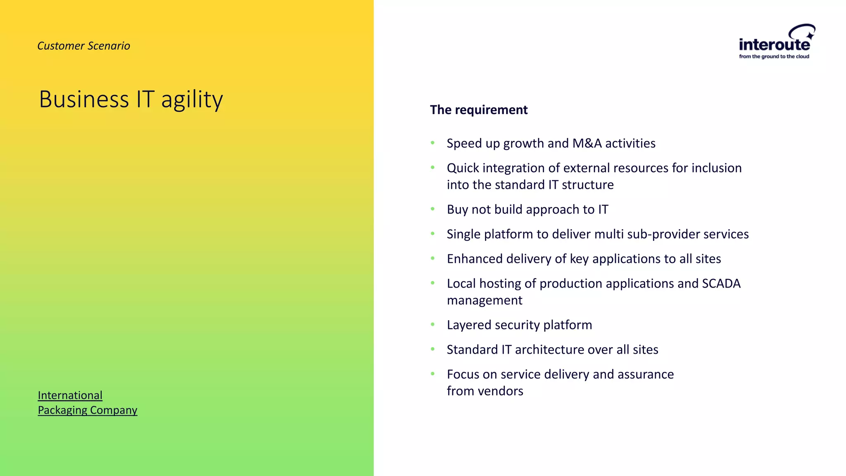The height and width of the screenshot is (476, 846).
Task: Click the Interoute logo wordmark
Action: pyautogui.click(x=774, y=44)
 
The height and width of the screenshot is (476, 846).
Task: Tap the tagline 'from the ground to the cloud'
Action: pyautogui.click(x=774, y=57)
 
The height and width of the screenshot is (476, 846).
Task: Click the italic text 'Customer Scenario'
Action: pyautogui.click(x=83, y=46)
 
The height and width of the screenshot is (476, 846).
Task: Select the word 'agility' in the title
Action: pyautogui.click(x=192, y=100)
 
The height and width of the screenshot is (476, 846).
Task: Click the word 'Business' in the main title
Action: pyautogui.click(x=84, y=100)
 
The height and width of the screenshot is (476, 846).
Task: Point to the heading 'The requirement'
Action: pyautogui.click(x=478, y=110)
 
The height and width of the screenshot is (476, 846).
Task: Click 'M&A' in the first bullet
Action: pyautogui.click(x=587, y=143)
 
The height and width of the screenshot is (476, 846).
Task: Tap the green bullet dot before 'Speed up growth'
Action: pyautogui.click(x=433, y=143)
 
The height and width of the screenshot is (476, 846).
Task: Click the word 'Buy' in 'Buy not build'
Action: pyautogui.click(x=457, y=209)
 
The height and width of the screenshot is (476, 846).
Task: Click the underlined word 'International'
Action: pyautogui.click(x=70, y=395)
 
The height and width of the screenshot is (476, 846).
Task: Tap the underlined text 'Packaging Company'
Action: pyautogui.click(x=87, y=410)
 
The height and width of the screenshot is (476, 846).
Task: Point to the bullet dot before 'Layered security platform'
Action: pyautogui.click(x=433, y=325)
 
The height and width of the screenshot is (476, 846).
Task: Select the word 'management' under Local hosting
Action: pyautogui.click(x=484, y=300)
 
